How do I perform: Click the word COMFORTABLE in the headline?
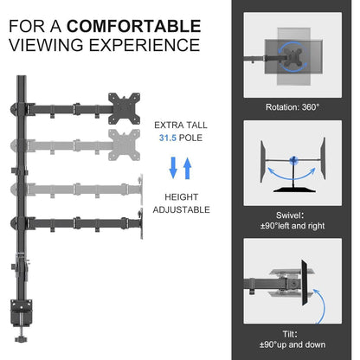point(134,26)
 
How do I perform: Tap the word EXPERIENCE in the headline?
point(145,45)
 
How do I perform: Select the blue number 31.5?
point(168,138)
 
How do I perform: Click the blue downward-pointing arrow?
point(173,168)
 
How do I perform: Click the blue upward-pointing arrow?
point(188,168)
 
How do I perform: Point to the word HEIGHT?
point(182,197)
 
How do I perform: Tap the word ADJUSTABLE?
point(182,209)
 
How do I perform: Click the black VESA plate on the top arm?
point(125,109)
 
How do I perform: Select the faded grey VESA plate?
point(125,145)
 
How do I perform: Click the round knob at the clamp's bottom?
point(21,338)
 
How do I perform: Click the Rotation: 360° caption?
point(292,107)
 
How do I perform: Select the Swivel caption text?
point(292,221)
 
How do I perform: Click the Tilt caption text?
point(292,339)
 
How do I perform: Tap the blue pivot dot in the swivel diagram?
point(293,160)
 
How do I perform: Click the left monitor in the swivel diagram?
point(263,162)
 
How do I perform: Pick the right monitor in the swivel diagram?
point(323,158)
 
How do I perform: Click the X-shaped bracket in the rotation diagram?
point(293,56)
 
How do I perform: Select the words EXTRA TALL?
point(181,125)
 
